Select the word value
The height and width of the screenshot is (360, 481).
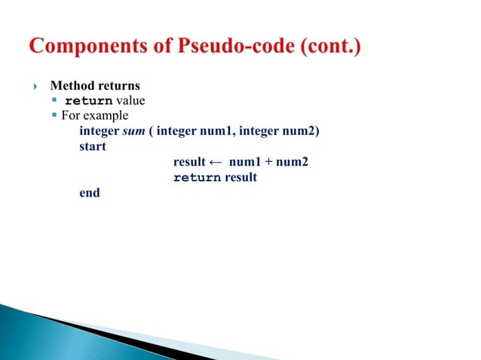[130, 101]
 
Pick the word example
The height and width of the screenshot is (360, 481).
[107, 116]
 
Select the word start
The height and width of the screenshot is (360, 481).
[93, 146]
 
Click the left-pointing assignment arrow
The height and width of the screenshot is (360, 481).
[215, 162]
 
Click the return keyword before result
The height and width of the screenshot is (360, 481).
[197, 178]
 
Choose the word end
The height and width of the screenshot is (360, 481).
[89, 193]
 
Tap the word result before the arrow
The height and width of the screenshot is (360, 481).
[189, 162]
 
